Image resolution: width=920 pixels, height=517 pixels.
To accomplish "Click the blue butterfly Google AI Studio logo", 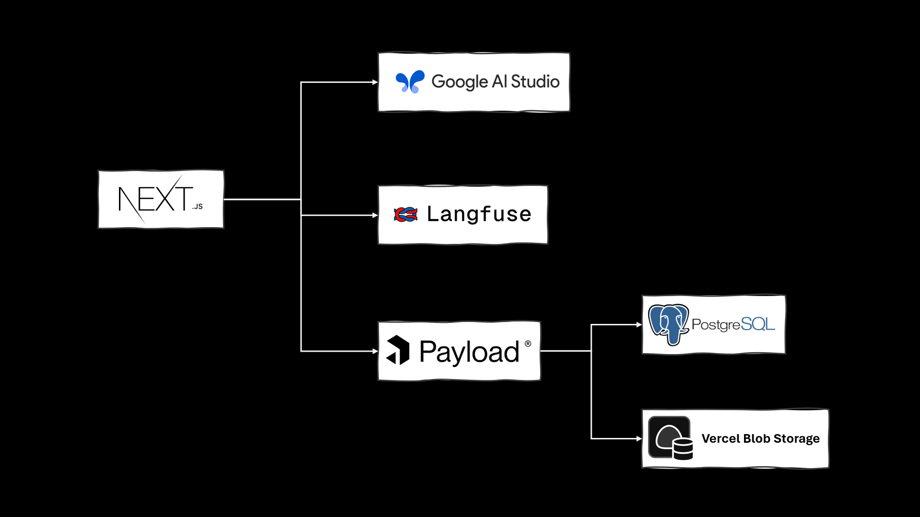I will [410, 81].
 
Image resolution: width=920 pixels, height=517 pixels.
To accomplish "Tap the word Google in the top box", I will [459, 82].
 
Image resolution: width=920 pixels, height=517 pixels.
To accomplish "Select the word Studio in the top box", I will [535, 81].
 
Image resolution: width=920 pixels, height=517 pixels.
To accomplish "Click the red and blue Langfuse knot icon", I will [405, 215].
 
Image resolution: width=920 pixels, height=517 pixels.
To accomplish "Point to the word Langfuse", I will [479, 214].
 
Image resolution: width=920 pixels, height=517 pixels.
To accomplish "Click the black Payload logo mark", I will [398, 350].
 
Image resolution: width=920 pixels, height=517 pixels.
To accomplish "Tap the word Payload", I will [469, 352].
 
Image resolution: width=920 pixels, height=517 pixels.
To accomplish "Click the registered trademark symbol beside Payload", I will [528, 344].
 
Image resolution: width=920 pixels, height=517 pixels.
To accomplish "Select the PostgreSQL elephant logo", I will [668, 324].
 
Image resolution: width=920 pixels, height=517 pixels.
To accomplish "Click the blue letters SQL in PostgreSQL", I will [757, 324].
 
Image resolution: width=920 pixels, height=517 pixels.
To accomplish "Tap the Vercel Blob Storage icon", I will [670, 438].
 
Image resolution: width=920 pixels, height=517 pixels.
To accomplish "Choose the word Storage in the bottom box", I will [796, 438].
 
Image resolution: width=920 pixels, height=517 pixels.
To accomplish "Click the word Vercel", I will [720, 438].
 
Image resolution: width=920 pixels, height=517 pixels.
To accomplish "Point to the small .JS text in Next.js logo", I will [198, 207].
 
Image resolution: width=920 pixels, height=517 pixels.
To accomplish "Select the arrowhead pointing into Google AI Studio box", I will [375, 82].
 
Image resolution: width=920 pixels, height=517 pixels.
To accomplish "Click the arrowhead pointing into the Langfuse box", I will [375, 216].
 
